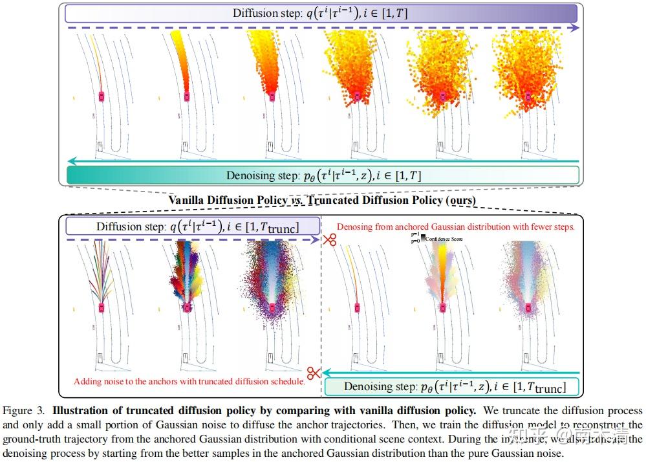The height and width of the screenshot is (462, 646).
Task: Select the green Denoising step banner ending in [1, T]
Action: [x=323, y=175]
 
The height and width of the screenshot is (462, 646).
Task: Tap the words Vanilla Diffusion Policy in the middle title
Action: [x=226, y=201]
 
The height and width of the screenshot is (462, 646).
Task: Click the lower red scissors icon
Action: [x=314, y=373]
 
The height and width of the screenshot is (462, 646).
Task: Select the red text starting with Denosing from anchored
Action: [x=456, y=227]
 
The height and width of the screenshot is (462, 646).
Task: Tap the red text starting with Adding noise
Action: [x=189, y=381]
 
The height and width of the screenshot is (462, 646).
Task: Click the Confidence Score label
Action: [x=444, y=239]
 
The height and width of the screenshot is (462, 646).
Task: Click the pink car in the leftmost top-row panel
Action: [x=102, y=96]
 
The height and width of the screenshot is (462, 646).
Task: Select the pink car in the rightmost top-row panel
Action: [x=528, y=96]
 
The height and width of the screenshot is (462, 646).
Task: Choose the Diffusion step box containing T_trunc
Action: [x=191, y=226]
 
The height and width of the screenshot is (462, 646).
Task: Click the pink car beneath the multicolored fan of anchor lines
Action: [x=102, y=307]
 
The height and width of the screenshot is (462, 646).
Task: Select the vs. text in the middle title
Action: [x=297, y=201]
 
